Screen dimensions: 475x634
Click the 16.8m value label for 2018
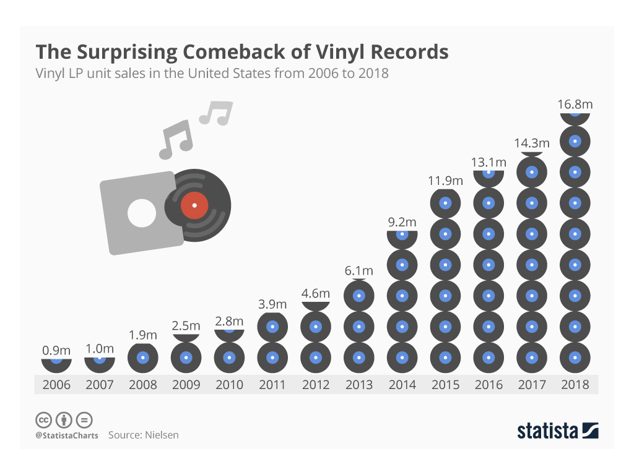(x=575, y=105)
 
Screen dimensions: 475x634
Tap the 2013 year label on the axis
(x=359, y=385)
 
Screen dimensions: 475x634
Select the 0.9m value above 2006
(x=56, y=351)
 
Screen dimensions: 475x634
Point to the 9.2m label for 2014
(x=402, y=222)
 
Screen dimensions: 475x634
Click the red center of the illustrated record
(x=194, y=205)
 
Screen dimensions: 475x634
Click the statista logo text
(x=547, y=431)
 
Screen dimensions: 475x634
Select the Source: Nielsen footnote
(x=144, y=435)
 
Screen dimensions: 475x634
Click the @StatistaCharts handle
(x=66, y=435)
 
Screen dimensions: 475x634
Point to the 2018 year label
(x=575, y=385)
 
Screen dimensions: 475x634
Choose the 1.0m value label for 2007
(x=100, y=349)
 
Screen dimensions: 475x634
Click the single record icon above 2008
(x=143, y=357)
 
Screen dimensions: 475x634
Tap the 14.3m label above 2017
(x=531, y=143)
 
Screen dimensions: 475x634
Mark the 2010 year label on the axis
(x=230, y=385)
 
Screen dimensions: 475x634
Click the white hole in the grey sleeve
(x=142, y=213)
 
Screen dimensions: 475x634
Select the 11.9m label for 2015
(x=445, y=181)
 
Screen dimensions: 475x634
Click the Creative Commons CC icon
(x=43, y=420)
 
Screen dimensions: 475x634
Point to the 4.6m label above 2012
(x=316, y=293)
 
